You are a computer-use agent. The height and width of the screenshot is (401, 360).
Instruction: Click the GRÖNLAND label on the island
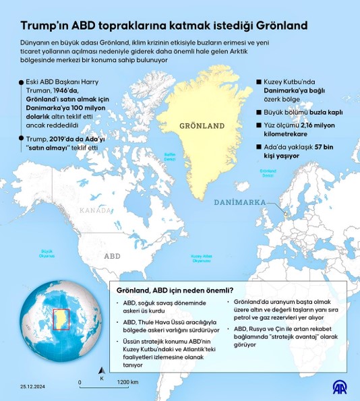tap(202, 126)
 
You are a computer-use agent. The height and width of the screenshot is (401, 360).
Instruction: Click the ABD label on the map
tap(112, 256)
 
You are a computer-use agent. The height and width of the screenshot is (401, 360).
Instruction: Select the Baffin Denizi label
tap(170, 156)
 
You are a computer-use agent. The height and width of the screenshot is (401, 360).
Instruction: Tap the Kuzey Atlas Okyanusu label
tap(202, 258)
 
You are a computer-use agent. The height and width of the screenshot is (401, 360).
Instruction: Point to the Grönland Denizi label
tap(269, 173)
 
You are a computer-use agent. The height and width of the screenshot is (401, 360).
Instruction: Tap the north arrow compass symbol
tap(101, 371)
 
